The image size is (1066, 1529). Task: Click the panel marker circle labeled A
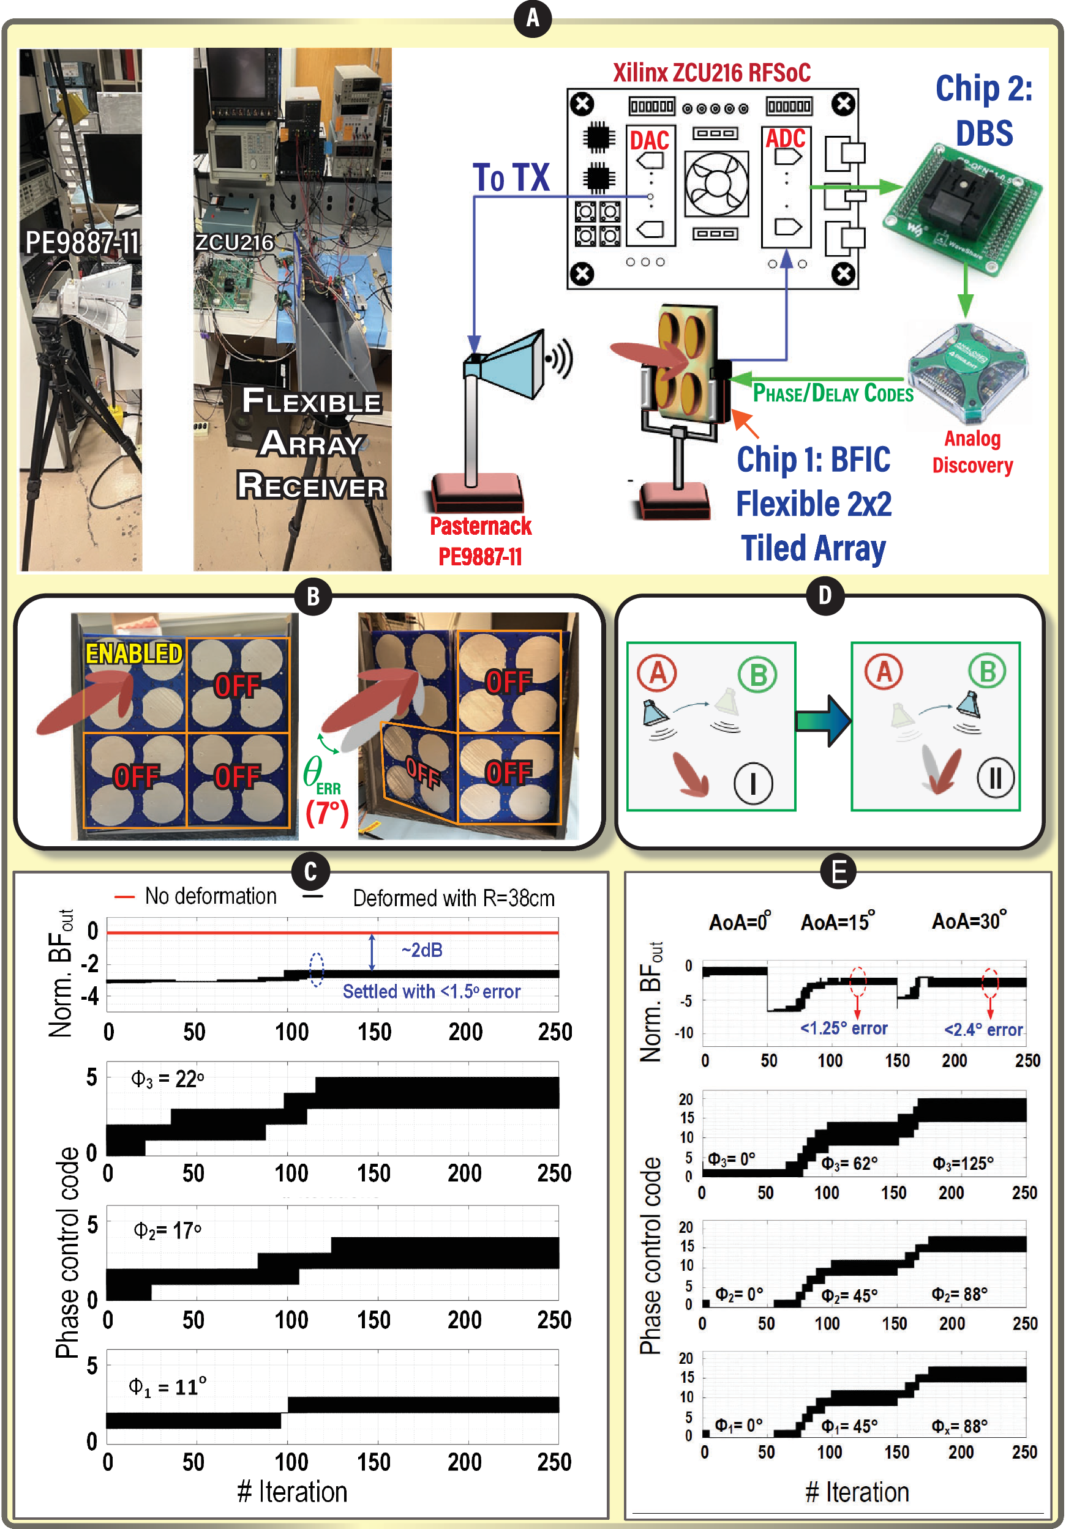pyautogui.click(x=532, y=18)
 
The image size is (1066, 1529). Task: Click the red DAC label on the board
pyautogui.click(x=649, y=141)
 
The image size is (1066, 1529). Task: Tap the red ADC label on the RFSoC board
pyautogui.click(x=786, y=138)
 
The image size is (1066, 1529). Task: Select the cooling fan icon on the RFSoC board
pyautogui.click(x=717, y=184)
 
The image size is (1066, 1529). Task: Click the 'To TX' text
pyautogui.click(x=511, y=178)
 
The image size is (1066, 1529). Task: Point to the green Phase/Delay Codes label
pyautogui.click(x=832, y=393)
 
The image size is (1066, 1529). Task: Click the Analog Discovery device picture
pyautogui.click(x=967, y=374)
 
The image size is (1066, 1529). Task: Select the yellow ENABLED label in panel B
pyautogui.click(x=134, y=653)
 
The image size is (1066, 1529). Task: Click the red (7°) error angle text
pyautogui.click(x=326, y=813)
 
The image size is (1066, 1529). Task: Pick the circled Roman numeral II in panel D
pyautogui.click(x=996, y=777)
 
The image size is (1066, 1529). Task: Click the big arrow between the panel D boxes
pyautogui.click(x=824, y=721)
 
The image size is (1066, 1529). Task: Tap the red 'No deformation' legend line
pyautogui.click(x=124, y=897)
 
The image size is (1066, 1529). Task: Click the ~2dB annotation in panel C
pyautogui.click(x=422, y=950)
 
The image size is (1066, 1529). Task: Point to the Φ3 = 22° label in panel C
pyautogui.click(x=167, y=1079)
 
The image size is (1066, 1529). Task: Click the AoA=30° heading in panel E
pyautogui.click(x=969, y=921)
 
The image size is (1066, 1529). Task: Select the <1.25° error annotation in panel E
pyautogui.click(x=844, y=1029)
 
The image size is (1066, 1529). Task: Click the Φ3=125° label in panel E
pyautogui.click(x=963, y=1163)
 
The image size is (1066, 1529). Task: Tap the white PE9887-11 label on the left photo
pyautogui.click(x=82, y=242)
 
